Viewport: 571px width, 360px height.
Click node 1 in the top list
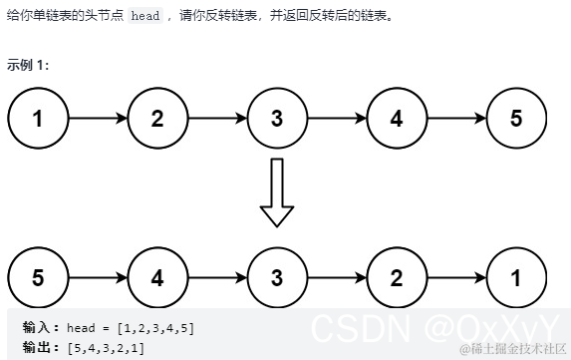[x=38, y=118]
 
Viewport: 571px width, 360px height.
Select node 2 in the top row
[x=157, y=118]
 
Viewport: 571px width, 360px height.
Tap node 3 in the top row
[x=277, y=118]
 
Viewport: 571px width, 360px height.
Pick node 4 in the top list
[x=397, y=118]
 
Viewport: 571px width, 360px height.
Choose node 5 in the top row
[x=515, y=118]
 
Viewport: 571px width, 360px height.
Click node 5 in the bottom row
[x=38, y=277]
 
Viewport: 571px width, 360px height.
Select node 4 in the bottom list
[x=157, y=277]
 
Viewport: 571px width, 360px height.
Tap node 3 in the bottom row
[x=277, y=277]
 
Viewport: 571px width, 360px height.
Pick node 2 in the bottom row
[x=397, y=277]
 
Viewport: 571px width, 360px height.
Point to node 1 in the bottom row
[x=515, y=277]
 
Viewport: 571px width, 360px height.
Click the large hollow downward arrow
[x=277, y=192]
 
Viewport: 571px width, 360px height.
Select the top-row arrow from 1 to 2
[x=98, y=118]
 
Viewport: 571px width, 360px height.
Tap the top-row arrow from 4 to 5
[x=456, y=118]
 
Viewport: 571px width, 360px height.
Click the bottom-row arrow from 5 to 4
[x=98, y=277]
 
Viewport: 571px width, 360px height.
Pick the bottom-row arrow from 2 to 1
[x=456, y=277]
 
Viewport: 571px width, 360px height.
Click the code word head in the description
[x=145, y=17]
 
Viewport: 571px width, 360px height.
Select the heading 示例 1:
[x=27, y=65]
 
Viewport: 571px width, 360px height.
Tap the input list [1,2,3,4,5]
[x=155, y=327]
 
